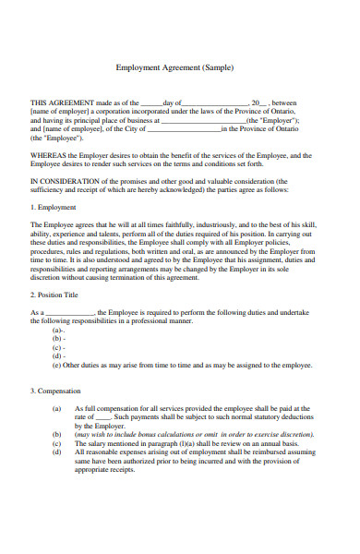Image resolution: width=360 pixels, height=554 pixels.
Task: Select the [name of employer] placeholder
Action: coord(58,112)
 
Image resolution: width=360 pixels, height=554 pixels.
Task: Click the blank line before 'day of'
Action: coord(151,104)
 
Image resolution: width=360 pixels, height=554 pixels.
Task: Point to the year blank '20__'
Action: coord(259,103)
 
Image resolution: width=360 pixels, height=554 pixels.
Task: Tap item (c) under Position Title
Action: coord(59,347)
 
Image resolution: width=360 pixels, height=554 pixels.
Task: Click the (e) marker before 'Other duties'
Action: coord(59,365)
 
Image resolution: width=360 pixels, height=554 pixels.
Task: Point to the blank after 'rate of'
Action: coord(103,416)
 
